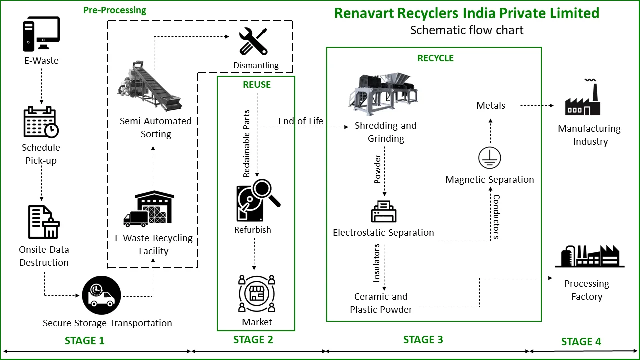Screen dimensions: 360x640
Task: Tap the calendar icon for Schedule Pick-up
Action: click(x=41, y=122)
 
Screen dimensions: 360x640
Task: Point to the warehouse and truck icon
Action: click(x=149, y=209)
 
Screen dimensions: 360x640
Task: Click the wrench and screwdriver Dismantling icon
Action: click(x=253, y=41)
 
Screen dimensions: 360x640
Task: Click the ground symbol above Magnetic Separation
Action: click(x=490, y=158)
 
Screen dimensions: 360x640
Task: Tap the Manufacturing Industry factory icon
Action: click(x=583, y=98)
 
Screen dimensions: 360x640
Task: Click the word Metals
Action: click(x=491, y=106)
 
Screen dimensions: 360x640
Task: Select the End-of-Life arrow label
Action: click(x=301, y=121)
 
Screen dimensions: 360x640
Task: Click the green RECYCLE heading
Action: click(x=435, y=58)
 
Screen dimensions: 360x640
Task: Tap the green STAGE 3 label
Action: click(x=423, y=340)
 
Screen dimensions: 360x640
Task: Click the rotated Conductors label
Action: click(x=496, y=216)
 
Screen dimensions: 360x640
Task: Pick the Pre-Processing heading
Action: click(x=115, y=10)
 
